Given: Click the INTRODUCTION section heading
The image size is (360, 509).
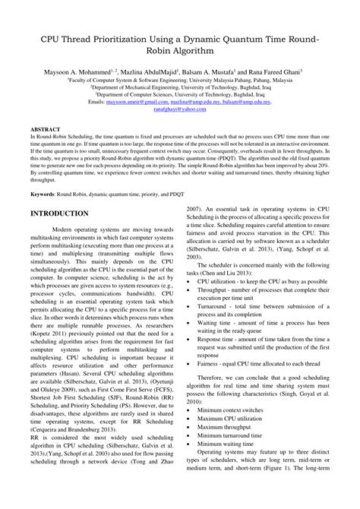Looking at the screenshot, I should [x=67, y=213].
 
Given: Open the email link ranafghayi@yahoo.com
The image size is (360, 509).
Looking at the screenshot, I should [x=180, y=108].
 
